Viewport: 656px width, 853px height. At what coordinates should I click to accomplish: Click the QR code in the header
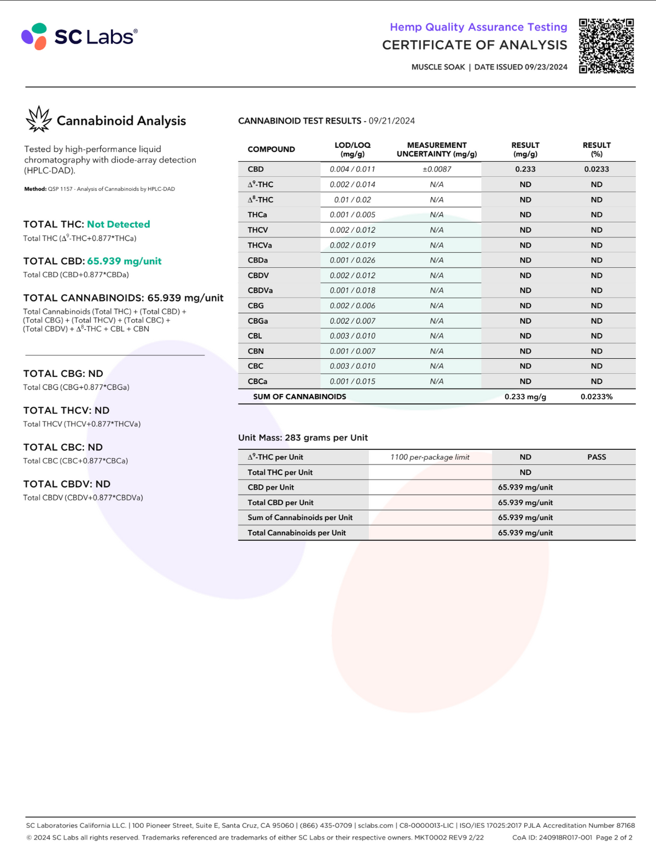[606, 46]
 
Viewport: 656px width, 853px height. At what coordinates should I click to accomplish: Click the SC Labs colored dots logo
[34, 37]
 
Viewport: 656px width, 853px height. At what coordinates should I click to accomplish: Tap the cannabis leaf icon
[39, 119]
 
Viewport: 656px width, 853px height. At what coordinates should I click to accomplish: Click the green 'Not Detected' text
[118, 224]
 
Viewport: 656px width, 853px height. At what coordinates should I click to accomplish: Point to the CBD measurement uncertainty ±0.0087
[437, 169]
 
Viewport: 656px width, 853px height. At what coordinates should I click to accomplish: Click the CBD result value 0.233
[525, 169]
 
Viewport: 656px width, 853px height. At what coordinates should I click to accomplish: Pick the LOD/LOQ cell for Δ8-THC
[352, 200]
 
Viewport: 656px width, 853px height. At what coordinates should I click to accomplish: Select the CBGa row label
[257, 321]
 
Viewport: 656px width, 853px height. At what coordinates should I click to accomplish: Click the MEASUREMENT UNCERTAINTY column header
[437, 149]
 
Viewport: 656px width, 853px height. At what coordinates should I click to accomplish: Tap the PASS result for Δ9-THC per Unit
[596, 457]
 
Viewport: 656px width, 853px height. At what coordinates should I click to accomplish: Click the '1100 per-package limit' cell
[430, 457]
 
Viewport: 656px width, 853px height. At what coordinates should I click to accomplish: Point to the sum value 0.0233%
[596, 397]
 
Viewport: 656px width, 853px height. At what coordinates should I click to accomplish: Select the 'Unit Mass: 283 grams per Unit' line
[303, 438]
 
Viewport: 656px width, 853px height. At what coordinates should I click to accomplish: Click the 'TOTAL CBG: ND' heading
[63, 374]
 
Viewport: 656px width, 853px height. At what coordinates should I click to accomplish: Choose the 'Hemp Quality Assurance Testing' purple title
[478, 27]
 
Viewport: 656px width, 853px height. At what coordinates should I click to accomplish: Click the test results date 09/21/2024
[391, 121]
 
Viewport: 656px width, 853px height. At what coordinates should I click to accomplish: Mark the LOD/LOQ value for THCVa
[352, 245]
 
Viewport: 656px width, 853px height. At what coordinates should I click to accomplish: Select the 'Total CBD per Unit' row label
[280, 502]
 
